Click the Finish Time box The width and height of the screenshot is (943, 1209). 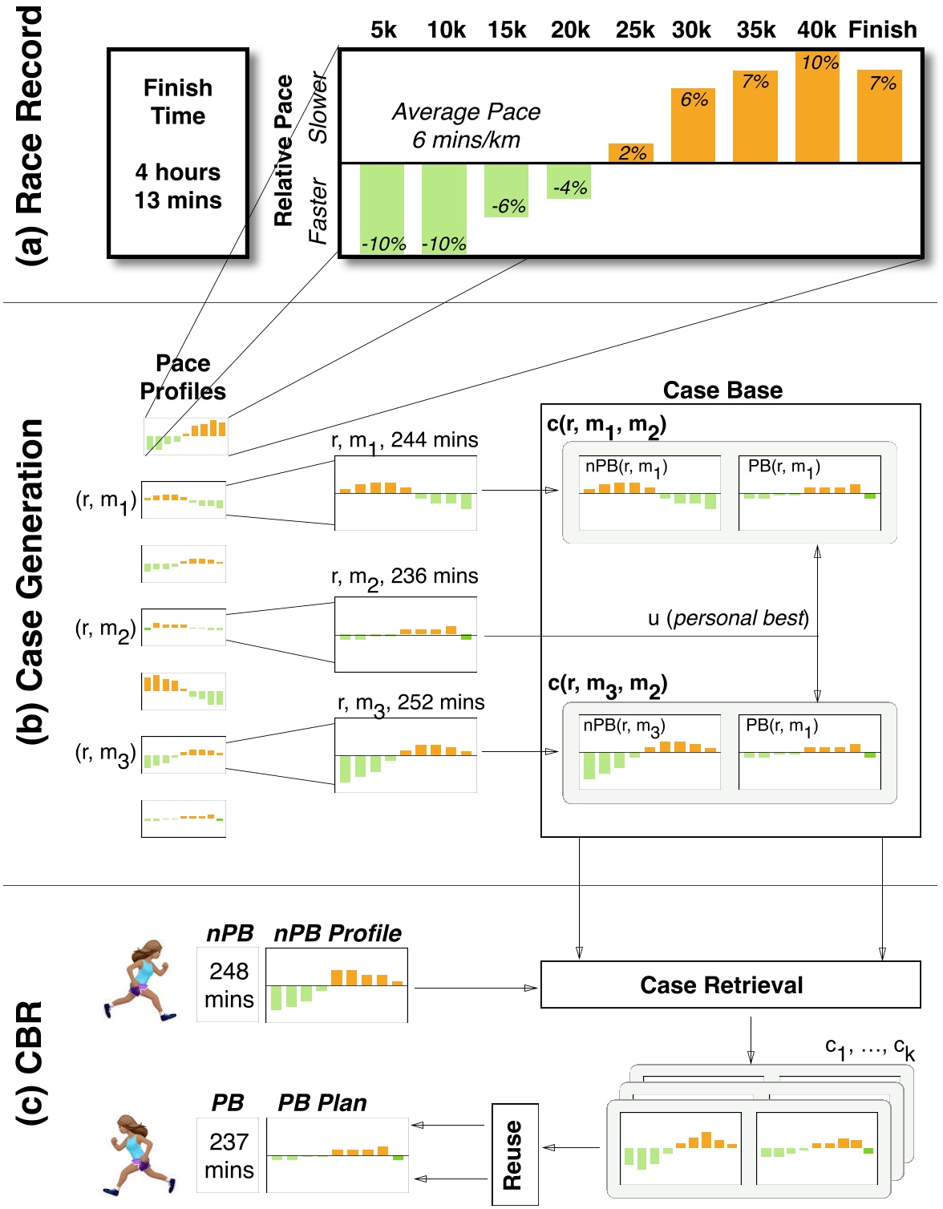point(177,152)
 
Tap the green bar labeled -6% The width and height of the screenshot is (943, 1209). point(507,191)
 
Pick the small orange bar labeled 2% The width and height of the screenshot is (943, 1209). point(631,152)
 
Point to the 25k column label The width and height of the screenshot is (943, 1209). point(635,30)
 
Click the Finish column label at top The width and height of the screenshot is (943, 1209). point(882,30)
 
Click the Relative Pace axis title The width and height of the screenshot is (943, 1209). point(284,151)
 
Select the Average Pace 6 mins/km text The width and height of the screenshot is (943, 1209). point(466,126)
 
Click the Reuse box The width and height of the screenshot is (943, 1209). point(514,1154)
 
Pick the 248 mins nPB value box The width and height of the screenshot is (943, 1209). point(229,985)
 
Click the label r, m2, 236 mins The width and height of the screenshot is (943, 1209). point(404,577)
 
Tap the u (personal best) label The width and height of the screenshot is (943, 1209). point(728,618)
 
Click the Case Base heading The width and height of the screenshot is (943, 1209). point(722,390)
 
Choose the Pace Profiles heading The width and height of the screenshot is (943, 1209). point(183,377)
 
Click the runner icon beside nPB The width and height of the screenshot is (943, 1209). point(140,980)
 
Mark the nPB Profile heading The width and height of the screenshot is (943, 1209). point(338,933)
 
